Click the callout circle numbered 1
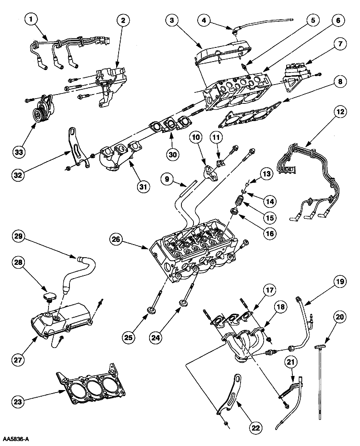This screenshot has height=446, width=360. [31, 19]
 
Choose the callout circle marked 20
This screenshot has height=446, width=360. [340, 317]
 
